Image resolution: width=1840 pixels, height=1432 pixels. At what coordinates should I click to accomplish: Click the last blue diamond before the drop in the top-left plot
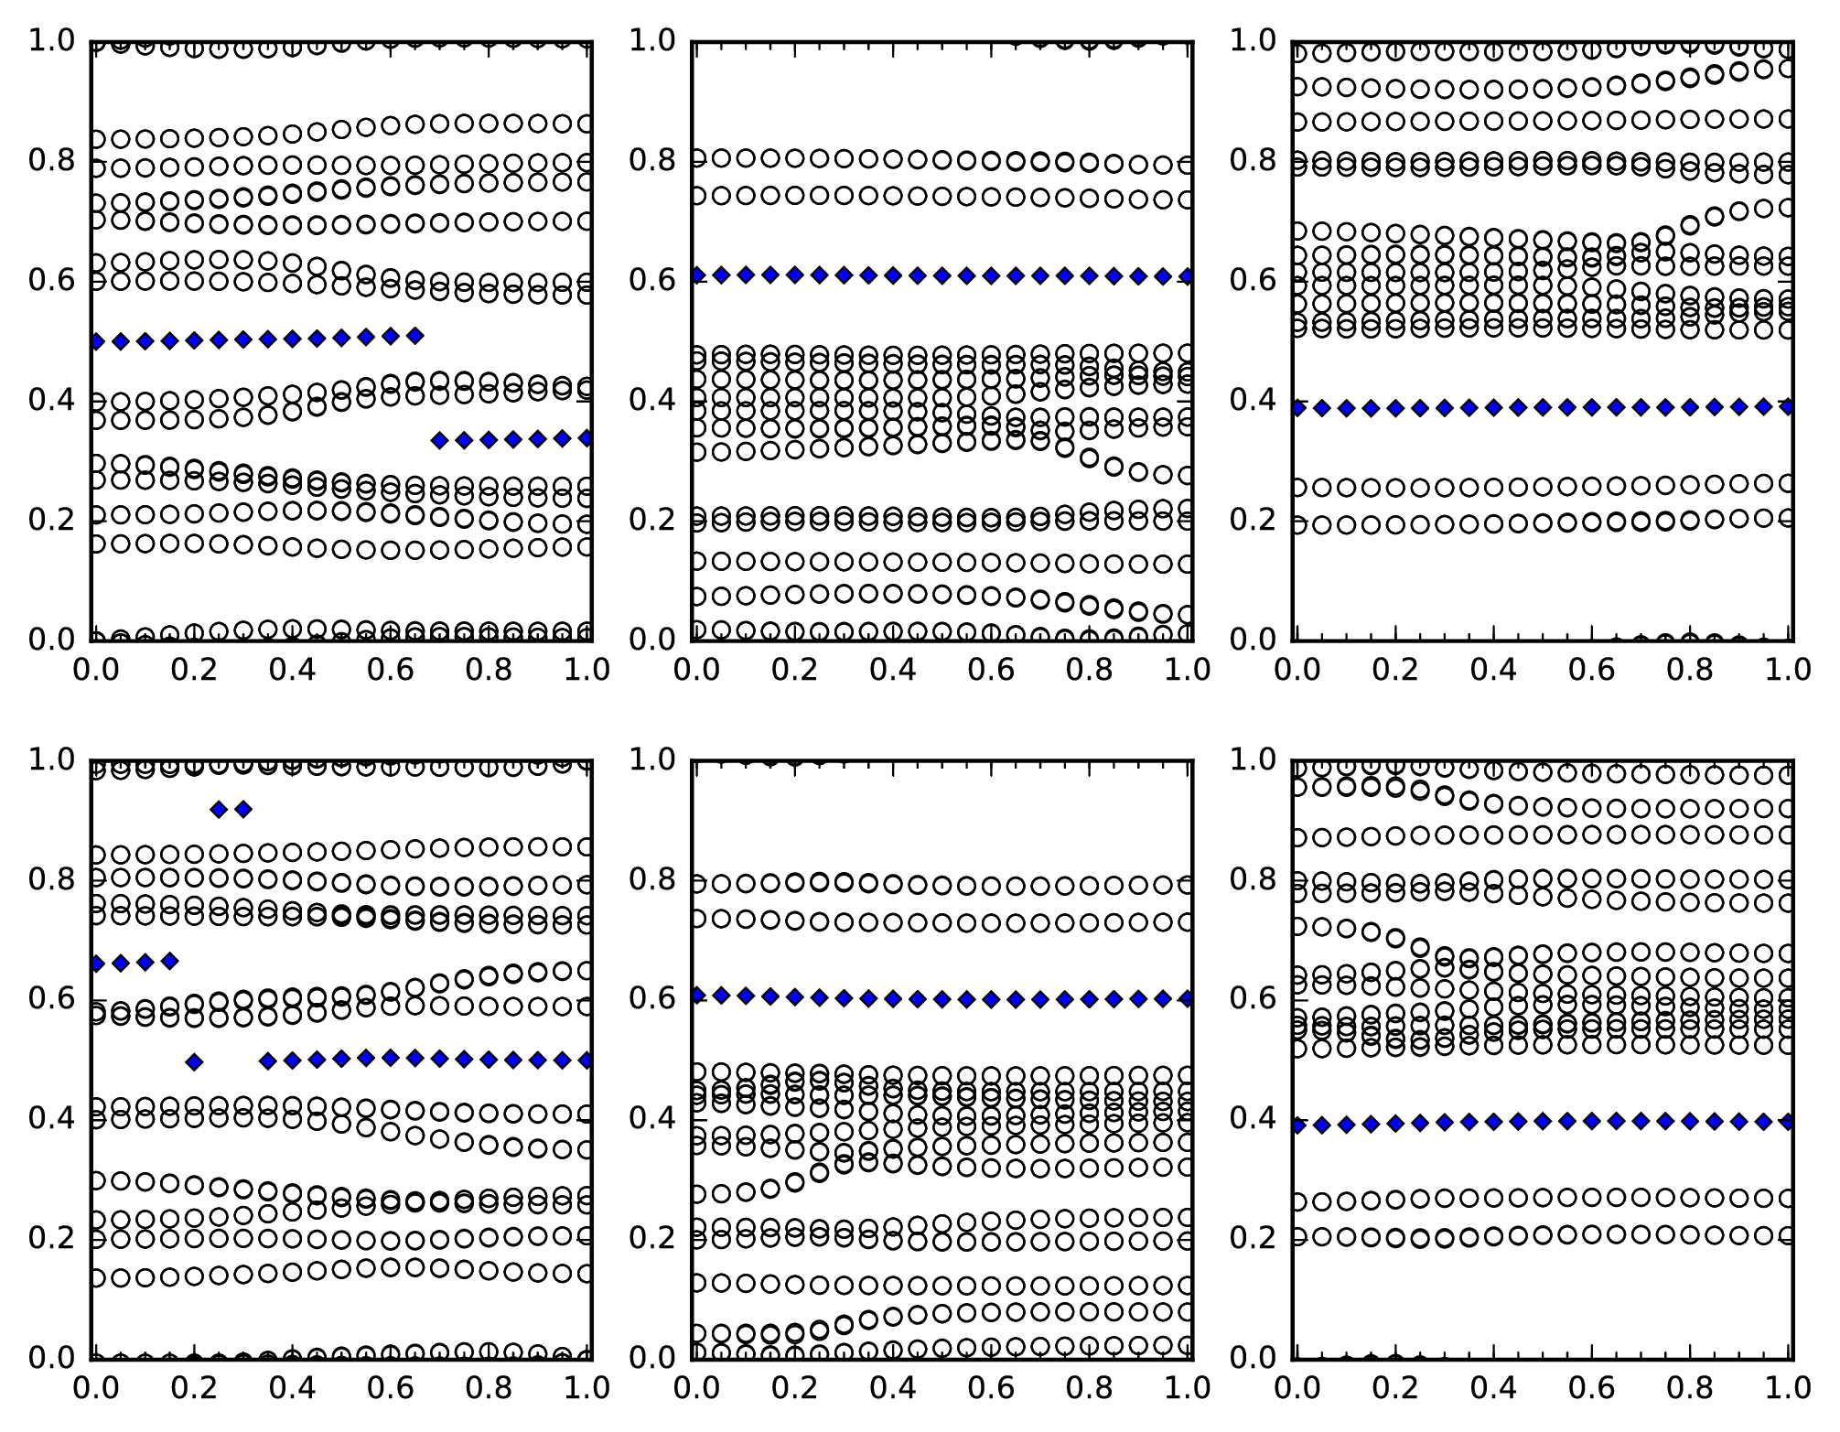pos(414,336)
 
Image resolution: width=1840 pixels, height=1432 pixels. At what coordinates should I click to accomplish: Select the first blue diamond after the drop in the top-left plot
pos(439,440)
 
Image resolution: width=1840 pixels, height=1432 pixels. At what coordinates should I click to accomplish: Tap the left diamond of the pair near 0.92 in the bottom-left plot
pos(218,809)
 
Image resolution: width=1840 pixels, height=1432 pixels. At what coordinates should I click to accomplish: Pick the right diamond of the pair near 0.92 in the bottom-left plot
pos(242,809)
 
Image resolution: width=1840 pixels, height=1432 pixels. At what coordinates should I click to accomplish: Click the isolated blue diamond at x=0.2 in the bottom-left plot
pos(193,1062)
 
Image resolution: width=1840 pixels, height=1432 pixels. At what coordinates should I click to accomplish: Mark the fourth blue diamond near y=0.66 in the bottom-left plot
pos(169,961)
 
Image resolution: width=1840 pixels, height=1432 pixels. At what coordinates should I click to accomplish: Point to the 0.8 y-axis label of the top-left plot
pos(52,161)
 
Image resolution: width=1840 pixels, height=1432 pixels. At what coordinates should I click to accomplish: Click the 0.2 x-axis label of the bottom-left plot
pos(194,1388)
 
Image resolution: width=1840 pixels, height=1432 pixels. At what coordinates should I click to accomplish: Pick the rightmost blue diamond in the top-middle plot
pos(1187,276)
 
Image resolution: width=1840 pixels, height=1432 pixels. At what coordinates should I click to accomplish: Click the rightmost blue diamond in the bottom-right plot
pos(1787,1121)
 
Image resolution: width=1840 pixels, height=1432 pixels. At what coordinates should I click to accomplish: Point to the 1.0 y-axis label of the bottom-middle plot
pos(652,759)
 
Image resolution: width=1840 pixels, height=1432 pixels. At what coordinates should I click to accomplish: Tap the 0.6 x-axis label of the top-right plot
pos(1591,670)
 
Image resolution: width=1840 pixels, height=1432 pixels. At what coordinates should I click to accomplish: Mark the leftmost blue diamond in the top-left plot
pos(96,342)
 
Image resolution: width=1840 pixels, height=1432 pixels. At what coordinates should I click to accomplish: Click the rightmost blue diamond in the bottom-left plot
pos(586,1061)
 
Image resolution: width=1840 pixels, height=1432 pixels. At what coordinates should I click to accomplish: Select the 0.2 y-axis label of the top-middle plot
pos(652,520)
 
